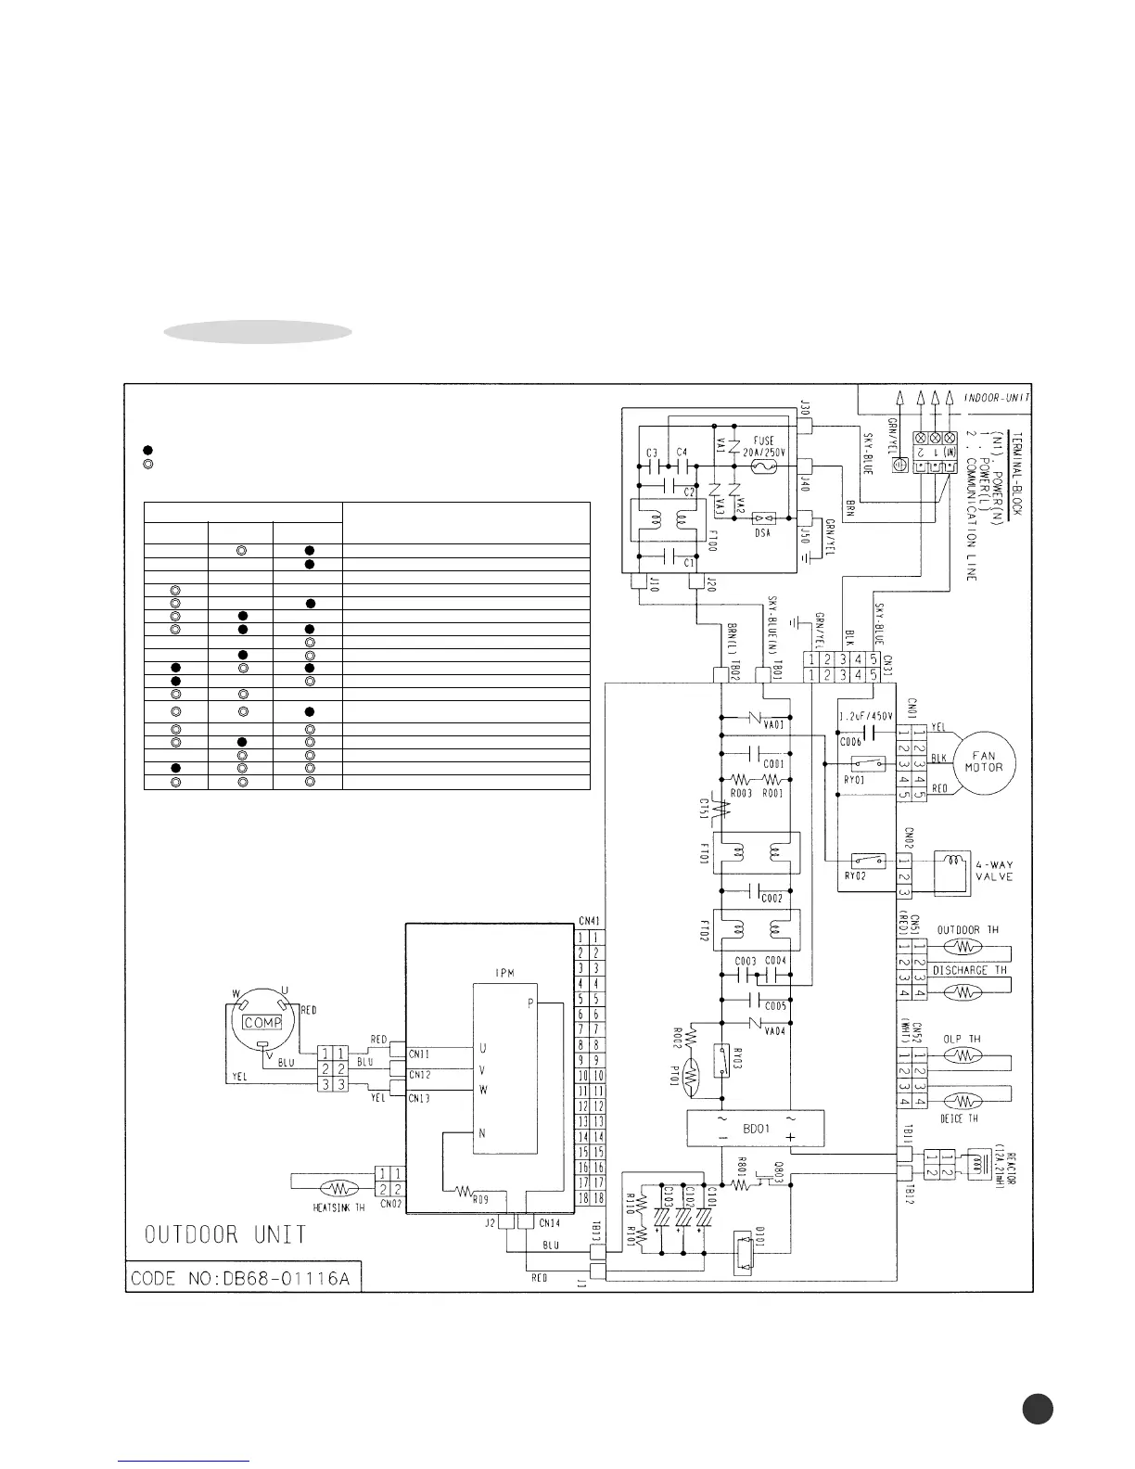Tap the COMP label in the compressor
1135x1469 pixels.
point(261,1023)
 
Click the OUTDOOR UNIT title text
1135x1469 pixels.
point(225,1235)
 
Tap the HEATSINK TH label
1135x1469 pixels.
point(338,1207)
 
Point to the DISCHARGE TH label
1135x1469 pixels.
point(971,970)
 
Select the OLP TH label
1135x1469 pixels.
point(962,1040)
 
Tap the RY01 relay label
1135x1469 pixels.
point(853,780)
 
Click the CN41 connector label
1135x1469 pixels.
point(589,921)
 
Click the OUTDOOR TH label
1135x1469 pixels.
point(968,929)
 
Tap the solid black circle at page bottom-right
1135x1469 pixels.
point(1038,1410)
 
